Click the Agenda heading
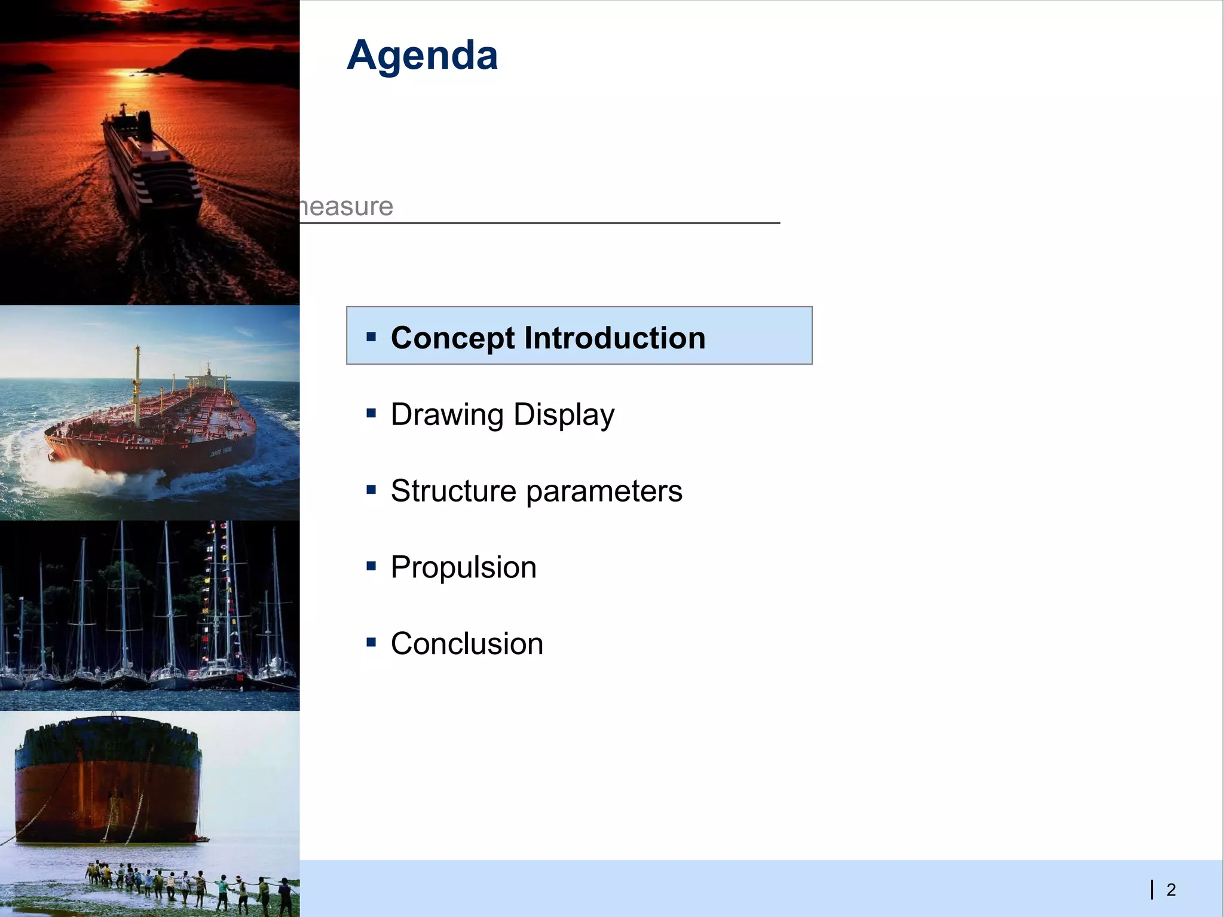tap(422, 56)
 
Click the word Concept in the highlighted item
tap(452, 338)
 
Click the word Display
tap(564, 415)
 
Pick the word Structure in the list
tap(453, 491)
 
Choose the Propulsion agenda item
tap(463, 567)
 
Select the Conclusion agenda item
tap(467, 644)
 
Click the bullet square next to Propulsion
tap(371, 566)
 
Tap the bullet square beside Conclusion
tap(371, 642)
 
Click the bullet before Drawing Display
tap(371, 412)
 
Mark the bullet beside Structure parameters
tap(371, 490)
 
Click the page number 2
tap(1171, 890)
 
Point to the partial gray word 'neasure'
tap(347, 207)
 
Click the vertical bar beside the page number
tap(1152, 890)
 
